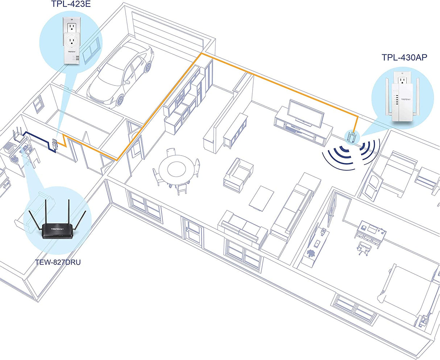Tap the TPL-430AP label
click(404, 57)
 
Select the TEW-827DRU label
click(58, 261)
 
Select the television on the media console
click(305, 113)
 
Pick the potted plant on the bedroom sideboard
click(311, 253)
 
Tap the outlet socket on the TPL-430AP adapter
click(402, 80)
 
